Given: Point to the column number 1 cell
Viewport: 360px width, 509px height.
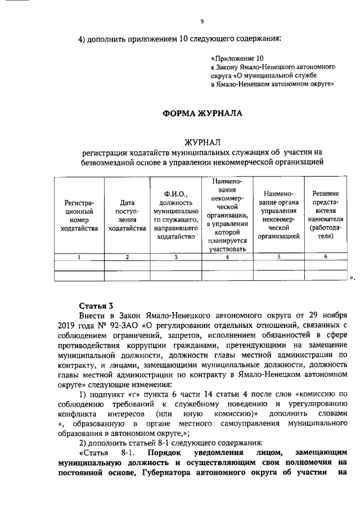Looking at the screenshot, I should click(x=79, y=257).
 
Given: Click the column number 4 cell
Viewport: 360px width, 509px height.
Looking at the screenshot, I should click(x=227, y=257).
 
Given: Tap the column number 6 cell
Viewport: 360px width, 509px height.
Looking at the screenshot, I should click(x=325, y=257).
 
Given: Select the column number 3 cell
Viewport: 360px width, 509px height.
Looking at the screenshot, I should click(x=175, y=257).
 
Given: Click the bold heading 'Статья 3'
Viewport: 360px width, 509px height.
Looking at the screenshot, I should click(x=96, y=306).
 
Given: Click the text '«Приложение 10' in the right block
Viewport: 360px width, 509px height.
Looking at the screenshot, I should click(x=237, y=57).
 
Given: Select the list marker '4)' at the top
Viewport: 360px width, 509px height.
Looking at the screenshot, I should click(x=82, y=39).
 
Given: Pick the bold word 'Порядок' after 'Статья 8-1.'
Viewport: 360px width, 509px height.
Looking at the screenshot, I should click(x=164, y=452).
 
